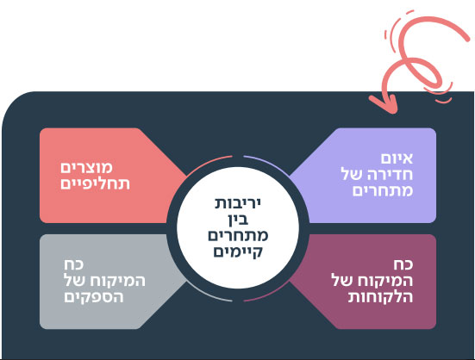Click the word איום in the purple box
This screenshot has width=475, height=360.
(x=397, y=158)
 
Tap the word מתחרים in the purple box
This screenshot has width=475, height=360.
(x=383, y=191)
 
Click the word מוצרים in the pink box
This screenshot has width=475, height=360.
(x=87, y=168)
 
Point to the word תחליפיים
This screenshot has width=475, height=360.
(x=95, y=184)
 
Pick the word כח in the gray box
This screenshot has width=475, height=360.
(x=73, y=264)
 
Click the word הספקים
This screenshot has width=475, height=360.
(x=94, y=297)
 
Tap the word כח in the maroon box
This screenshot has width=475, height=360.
(x=403, y=264)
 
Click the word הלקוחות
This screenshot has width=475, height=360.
(x=380, y=297)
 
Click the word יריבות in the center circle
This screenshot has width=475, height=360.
(x=238, y=203)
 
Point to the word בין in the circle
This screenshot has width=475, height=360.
(x=239, y=220)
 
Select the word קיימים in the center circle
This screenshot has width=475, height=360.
(x=238, y=251)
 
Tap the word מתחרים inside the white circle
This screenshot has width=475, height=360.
(x=238, y=236)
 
